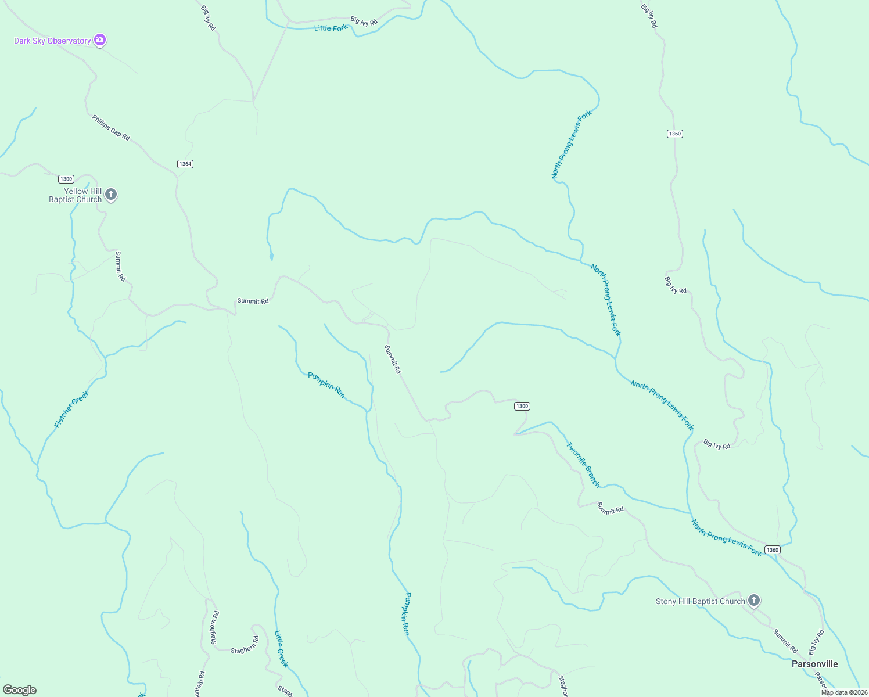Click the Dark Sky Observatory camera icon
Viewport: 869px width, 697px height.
(x=100, y=40)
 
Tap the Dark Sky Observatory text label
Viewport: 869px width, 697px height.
(x=52, y=41)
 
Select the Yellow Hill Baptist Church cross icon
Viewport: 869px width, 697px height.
(x=111, y=195)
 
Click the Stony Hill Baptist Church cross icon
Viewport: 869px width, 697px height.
(x=754, y=601)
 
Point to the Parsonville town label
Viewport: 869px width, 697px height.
(x=814, y=664)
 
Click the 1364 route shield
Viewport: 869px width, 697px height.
(x=185, y=164)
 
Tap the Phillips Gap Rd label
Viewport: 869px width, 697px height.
(x=111, y=127)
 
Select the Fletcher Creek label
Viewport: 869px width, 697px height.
(x=72, y=409)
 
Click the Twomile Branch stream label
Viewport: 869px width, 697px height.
(x=583, y=465)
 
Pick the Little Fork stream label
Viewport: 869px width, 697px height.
(x=331, y=28)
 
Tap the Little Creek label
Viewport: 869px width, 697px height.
(x=281, y=649)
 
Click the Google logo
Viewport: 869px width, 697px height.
(x=20, y=690)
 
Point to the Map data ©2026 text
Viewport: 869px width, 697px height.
(x=843, y=692)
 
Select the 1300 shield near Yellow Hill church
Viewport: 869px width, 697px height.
(x=66, y=179)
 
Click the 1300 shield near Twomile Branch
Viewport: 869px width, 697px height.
(x=522, y=406)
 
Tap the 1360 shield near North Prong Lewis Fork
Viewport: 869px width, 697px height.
(x=772, y=549)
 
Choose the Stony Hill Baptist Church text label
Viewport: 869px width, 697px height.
(x=700, y=601)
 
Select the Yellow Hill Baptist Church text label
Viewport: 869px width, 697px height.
(x=76, y=195)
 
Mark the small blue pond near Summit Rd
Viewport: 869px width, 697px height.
(x=271, y=256)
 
